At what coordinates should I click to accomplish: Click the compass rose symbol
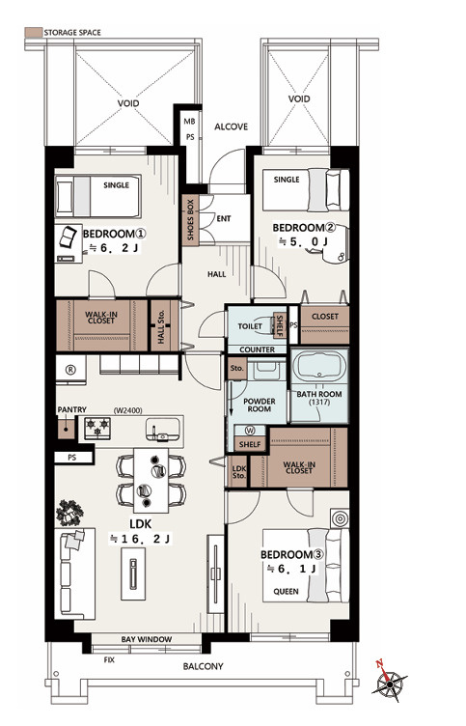[390, 682]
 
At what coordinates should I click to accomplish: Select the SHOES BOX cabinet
[190, 219]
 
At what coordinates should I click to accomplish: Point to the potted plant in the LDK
[69, 513]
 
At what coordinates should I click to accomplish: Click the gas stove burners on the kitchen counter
[97, 427]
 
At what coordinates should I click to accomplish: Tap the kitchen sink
[162, 429]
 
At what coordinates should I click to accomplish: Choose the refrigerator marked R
[70, 370]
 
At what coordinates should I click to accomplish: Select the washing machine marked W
[250, 431]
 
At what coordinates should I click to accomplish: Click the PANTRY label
[71, 409]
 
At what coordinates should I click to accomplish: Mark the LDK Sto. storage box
[238, 471]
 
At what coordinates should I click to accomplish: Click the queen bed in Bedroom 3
[306, 566]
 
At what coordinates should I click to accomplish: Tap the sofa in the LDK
[75, 573]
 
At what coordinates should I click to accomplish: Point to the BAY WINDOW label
[147, 639]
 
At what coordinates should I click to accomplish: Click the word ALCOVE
[231, 126]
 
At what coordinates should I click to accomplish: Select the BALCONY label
[203, 667]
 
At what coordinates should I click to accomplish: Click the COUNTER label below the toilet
[258, 349]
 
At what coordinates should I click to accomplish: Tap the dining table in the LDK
[151, 480]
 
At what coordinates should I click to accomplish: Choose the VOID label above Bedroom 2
[299, 98]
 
